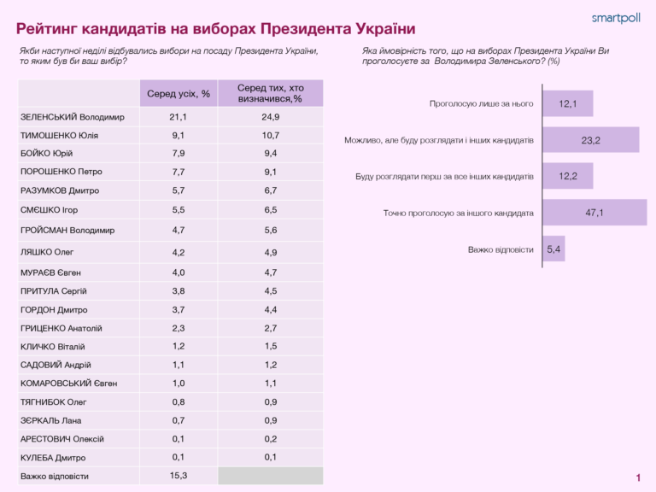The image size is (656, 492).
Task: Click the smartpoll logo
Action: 616,17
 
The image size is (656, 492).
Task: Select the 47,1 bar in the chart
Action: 594,213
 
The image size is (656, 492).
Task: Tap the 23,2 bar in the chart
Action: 590,140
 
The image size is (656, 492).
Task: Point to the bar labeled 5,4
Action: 553,249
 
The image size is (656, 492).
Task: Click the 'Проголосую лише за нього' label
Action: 481,103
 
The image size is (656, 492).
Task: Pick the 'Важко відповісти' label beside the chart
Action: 501,249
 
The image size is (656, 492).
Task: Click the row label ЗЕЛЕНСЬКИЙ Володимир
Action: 72,116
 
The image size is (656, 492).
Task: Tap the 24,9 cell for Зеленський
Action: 270,116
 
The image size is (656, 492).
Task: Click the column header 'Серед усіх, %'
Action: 178,93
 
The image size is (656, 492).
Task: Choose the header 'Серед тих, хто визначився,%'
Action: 270,93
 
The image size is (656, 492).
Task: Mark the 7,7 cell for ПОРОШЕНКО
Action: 178,171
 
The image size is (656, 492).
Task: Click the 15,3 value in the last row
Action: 178,475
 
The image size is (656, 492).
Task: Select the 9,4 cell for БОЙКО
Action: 270,154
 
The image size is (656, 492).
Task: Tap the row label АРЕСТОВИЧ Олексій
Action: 61,439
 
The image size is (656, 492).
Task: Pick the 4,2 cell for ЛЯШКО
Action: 178,252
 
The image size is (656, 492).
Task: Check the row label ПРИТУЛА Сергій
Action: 53,291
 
